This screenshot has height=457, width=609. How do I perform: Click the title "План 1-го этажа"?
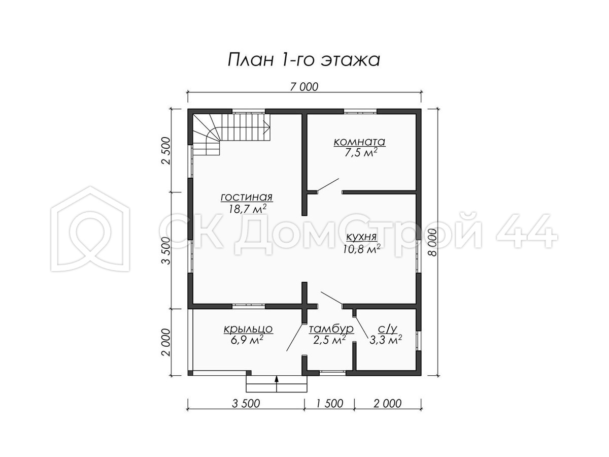point(303,60)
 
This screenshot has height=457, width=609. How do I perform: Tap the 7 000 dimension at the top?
point(304,87)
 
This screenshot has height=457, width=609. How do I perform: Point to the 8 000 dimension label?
point(432,242)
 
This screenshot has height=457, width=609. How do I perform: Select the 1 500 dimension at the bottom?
point(329,404)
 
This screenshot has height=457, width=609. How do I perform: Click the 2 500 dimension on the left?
point(166,151)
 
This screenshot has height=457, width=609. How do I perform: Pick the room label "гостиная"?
point(247,198)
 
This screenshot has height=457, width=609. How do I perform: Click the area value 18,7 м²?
point(248,209)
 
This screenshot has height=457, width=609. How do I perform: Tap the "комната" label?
point(359,142)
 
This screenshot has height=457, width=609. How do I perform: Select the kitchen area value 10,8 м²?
point(361,249)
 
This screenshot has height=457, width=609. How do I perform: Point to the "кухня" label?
point(361,237)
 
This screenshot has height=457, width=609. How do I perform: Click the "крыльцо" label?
point(248,329)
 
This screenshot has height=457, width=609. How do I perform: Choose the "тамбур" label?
point(331,329)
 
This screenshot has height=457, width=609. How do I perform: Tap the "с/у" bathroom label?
point(388,329)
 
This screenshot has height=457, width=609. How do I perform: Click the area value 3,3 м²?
point(386,340)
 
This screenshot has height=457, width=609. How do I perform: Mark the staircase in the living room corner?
point(231,135)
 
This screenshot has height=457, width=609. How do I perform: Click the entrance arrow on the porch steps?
point(277,384)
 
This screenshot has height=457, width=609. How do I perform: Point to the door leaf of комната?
point(328,184)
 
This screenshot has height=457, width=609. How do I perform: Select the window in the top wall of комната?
point(360,112)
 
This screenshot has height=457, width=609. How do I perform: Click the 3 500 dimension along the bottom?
point(246,404)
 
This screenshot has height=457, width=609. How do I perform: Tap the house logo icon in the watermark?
point(90,228)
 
